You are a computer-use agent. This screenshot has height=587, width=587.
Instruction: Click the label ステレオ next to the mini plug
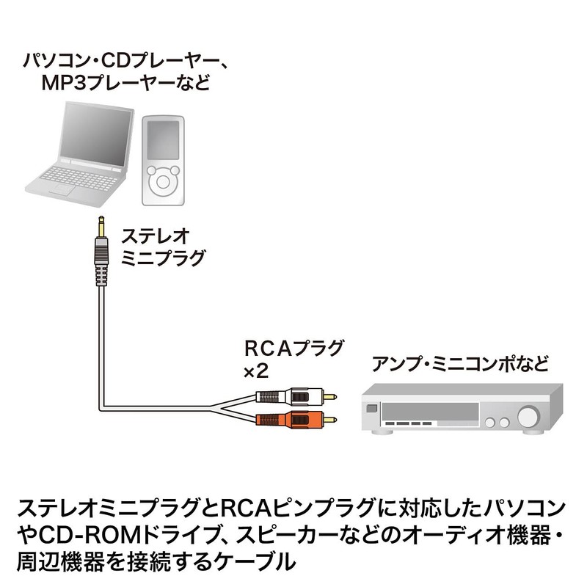click(156, 236)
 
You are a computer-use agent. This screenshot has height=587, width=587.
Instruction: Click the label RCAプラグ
click(293, 349)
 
